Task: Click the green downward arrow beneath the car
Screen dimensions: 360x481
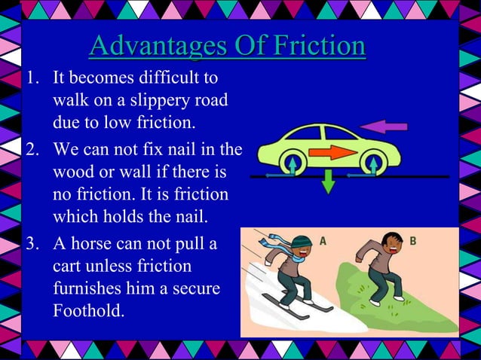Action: pos(328,182)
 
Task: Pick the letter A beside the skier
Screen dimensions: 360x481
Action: pos(323,241)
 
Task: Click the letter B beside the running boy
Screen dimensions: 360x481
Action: pos(412,241)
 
